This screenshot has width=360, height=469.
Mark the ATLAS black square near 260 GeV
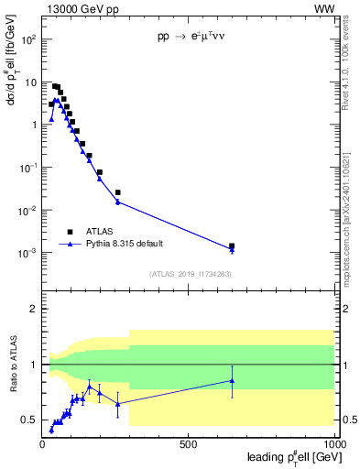point(118,192)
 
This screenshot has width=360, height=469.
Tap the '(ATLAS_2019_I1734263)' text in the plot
point(189,274)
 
